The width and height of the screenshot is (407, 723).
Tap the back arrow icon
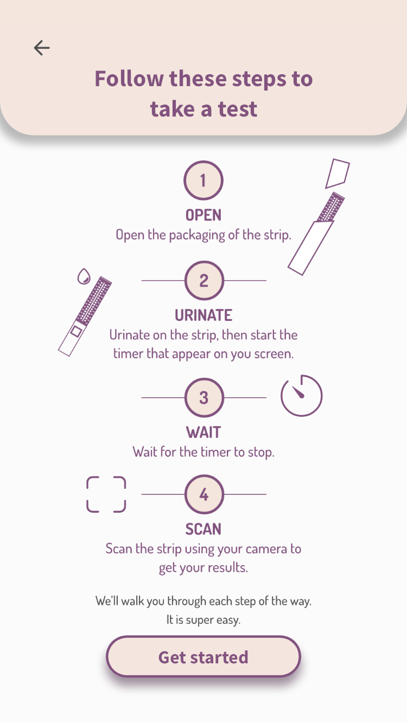tap(42, 48)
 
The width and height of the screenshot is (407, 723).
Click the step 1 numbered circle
tap(203, 180)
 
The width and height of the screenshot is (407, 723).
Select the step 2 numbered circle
tap(203, 281)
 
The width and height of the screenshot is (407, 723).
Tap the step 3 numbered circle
tap(203, 398)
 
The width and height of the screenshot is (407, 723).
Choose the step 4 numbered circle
tap(203, 494)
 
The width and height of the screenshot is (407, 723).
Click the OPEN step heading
tap(203, 215)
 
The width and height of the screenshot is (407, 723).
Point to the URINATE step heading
tap(203, 315)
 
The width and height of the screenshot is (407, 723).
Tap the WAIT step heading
tap(203, 432)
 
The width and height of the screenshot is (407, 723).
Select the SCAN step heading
tap(203, 529)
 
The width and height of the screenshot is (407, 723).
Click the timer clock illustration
tap(301, 396)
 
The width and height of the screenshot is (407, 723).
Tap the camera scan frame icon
tap(106, 494)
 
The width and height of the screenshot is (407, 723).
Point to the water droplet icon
tap(83, 277)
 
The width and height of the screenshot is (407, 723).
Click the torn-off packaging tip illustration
tap(337, 173)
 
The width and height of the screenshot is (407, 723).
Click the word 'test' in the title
tap(238, 109)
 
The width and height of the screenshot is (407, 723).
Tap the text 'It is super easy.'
tap(203, 619)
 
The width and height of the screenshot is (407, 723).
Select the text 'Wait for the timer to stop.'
tap(203, 452)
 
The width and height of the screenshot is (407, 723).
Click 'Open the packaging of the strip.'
tap(203, 235)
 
